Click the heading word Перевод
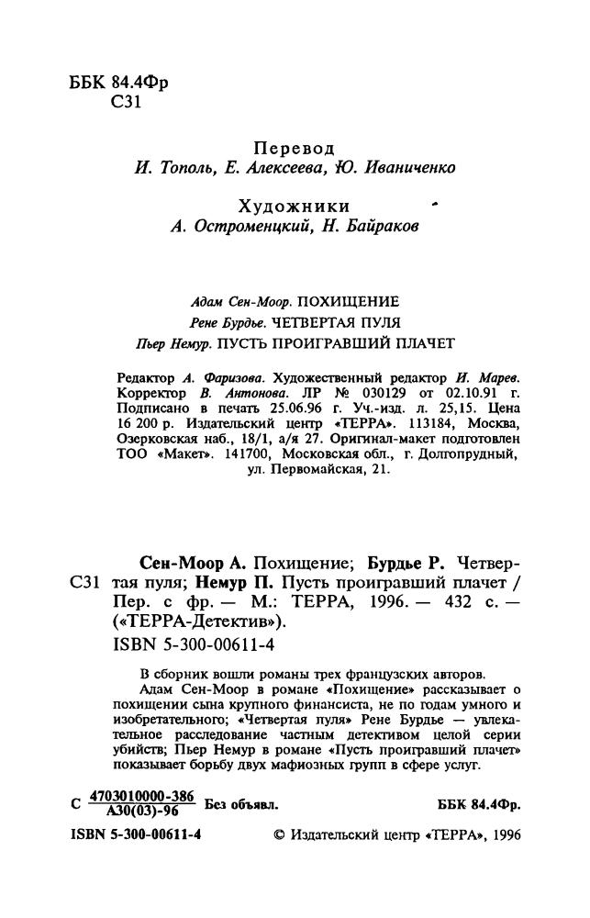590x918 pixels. pos(294,149)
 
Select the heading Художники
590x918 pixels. pos(294,207)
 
